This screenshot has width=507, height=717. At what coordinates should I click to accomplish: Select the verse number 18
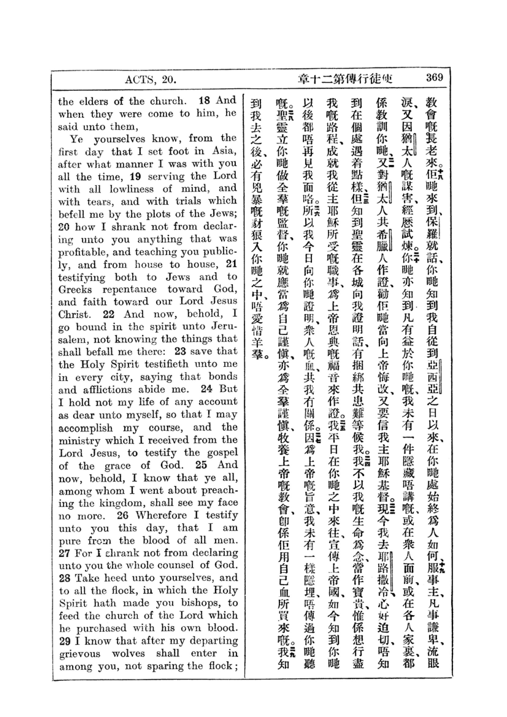point(205,101)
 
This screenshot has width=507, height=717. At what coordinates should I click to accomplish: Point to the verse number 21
point(232,264)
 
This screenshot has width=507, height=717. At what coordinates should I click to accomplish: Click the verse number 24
point(206,389)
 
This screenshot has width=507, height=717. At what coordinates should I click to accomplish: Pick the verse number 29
point(65,641)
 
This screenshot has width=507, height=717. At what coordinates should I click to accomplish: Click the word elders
point(94,101)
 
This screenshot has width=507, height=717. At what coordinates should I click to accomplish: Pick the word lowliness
point(132,189)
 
